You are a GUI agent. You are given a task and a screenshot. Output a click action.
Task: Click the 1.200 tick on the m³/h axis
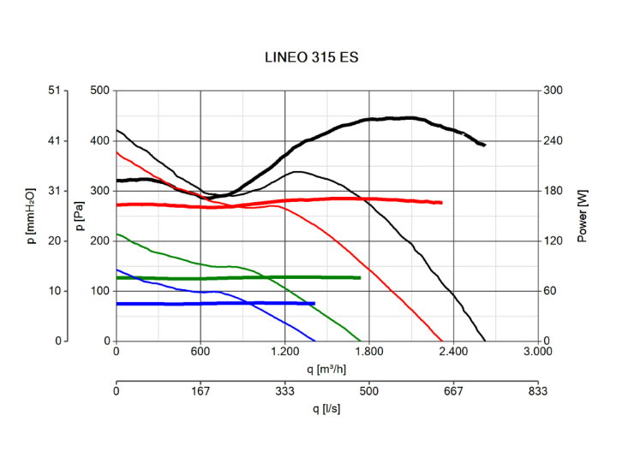coord(284,353)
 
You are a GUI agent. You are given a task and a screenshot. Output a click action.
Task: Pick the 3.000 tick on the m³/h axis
coord(537,353)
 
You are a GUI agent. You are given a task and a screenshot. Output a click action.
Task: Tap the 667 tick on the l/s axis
coord(452,392)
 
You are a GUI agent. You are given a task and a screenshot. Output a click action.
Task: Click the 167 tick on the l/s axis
coord(200,392)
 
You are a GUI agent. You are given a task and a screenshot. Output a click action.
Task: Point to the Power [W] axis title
coord(583,215)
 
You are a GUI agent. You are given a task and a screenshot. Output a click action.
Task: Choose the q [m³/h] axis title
coord(326,369)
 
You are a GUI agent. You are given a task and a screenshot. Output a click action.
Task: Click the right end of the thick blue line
coord(314,303)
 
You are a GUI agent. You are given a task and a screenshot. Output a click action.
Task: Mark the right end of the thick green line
coord(360,277)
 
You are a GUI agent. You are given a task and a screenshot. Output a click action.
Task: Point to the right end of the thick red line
coord(441,203)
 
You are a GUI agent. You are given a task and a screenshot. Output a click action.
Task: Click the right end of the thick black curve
coord(484,145)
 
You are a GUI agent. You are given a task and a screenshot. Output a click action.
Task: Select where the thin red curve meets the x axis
coord(442,341)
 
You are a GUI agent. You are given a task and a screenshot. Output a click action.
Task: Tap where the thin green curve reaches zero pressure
coord(361,341)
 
